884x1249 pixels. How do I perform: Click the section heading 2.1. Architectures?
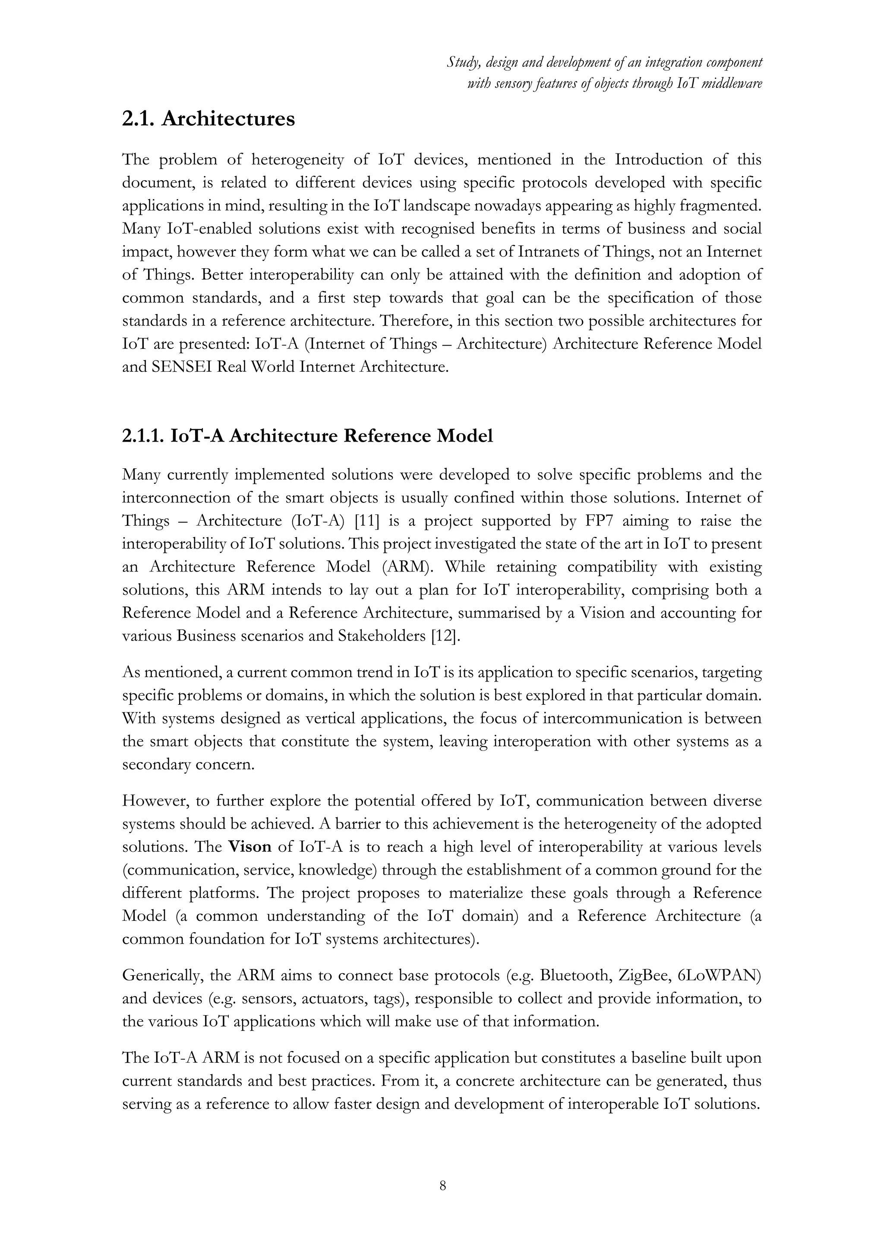click(208, 119)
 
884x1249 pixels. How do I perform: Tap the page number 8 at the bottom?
click(442, 1186)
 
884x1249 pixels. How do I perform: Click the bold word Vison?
click(249, 847)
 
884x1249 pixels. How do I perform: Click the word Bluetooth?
click(574, 975)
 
